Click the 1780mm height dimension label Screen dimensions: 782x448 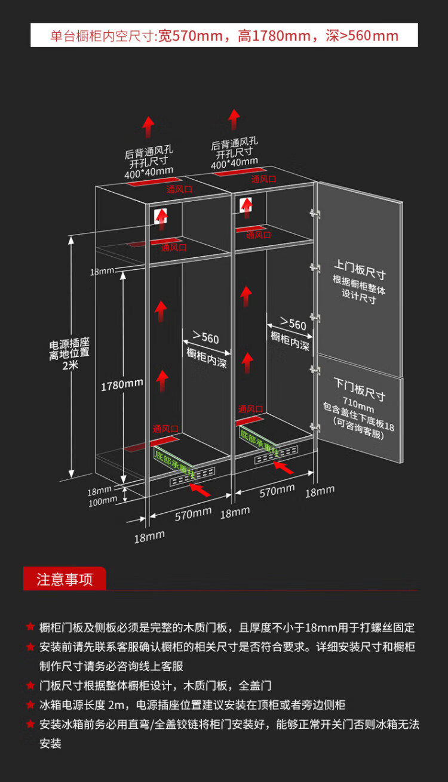[122, 385]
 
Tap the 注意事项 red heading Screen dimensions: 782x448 [65, 579]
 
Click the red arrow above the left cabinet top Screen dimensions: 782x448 [148, 127]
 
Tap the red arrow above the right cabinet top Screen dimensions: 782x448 [234, 119]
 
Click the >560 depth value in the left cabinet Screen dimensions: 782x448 [205, 338]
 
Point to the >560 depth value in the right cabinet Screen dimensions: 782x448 [293, 324]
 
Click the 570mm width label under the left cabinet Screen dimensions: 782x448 [193, 513]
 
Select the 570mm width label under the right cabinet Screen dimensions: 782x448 [277, 491]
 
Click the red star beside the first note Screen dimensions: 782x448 [30, 627]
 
